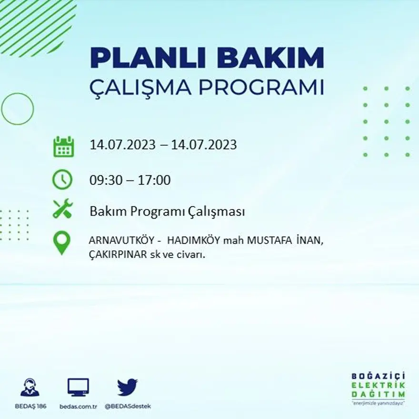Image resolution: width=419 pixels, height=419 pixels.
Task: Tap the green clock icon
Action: pos(62,180)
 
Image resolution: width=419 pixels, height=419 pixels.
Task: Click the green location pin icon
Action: pos(62,242)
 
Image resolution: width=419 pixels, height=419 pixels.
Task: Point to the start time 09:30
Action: pos(106,180)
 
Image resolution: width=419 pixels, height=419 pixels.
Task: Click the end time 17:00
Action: pos(154,180)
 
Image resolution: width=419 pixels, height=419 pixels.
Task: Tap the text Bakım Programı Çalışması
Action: pos(167,211)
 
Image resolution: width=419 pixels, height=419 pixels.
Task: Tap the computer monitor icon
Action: pos(78,387)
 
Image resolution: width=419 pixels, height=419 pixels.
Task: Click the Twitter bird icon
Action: pos(127,387)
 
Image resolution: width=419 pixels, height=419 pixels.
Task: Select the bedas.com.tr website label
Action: pos(79,406)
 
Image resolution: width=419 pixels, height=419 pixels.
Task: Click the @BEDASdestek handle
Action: pos(128,406)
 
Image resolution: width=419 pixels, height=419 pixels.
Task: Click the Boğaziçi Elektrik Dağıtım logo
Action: pos(379,387)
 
